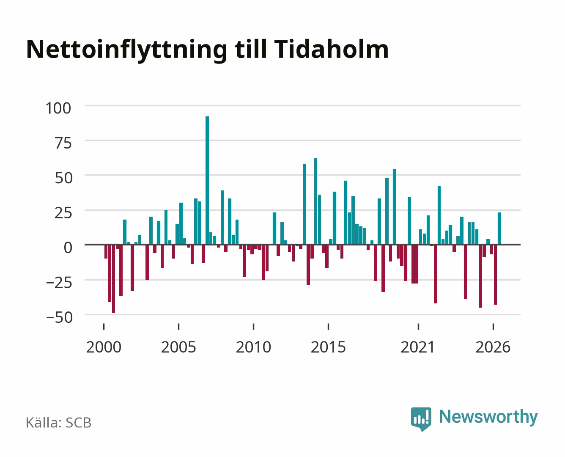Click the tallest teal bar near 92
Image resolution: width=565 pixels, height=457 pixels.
tap(207, 180)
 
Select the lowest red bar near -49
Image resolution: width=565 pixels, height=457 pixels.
tap(113, 279)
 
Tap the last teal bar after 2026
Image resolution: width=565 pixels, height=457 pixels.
tap(499, 228)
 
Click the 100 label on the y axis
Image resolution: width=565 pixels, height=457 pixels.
tap(58, 108)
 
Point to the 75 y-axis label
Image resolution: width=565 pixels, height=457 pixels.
tap(63, 143)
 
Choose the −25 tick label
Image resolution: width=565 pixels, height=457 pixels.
tap(59, 282)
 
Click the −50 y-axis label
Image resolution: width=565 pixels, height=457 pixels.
tap(59, 317)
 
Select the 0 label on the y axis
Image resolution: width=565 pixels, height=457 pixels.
tap(68, 248)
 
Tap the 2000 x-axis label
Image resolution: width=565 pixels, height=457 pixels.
tap(104, 347)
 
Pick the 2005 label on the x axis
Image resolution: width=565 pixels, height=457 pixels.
tap(178, 347)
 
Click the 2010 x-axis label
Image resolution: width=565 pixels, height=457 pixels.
tap(254, 347)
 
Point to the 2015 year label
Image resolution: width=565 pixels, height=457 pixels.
tap(329, 347)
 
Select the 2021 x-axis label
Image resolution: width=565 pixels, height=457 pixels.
tap(418, 347)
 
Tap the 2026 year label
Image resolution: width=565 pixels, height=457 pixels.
tap(493, 347)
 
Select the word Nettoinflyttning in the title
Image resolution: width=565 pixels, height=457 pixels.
tap(127, 51)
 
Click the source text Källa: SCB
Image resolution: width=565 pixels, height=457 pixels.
tap(59, 422)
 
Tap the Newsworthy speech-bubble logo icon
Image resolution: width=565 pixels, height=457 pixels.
tap(421, 419)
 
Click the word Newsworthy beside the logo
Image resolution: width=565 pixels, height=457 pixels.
tap(488, 417)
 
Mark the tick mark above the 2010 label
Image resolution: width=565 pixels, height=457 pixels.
tap(254, 326)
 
